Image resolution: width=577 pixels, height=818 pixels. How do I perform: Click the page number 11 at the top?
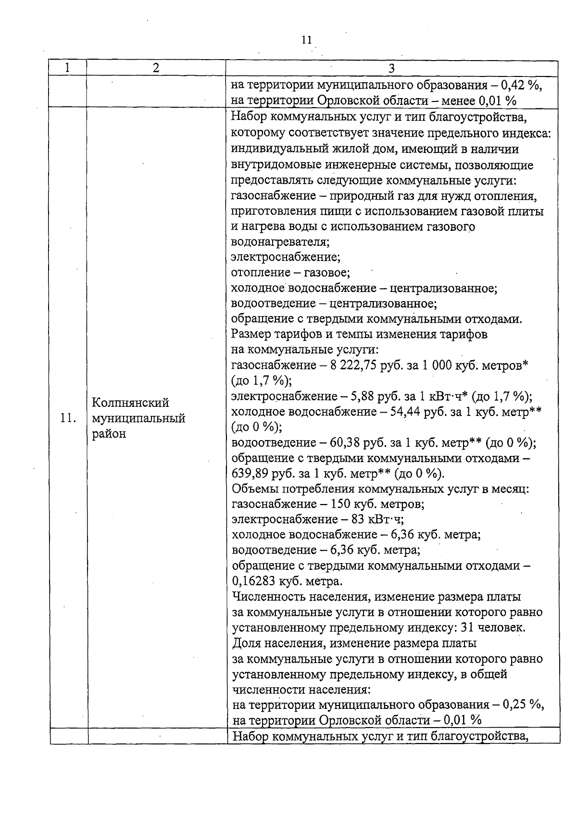[306, 40]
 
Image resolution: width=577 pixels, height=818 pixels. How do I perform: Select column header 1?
[67, 68]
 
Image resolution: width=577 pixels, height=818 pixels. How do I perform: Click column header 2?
[156, 68]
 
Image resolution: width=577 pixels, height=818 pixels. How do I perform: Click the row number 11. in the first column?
[68, 418]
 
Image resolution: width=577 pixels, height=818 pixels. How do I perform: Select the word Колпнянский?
[130, 403]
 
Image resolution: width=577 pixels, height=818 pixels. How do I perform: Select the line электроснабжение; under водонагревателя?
[286, 257]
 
